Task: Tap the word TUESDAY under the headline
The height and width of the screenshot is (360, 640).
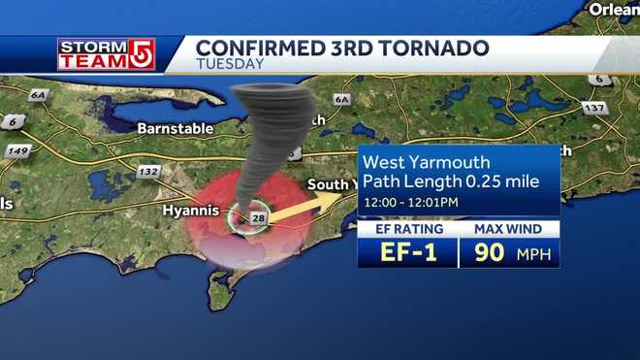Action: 230,64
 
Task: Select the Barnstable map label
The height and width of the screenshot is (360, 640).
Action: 168,127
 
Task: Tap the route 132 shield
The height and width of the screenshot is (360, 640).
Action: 148,172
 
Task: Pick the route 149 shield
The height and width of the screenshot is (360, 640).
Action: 17,151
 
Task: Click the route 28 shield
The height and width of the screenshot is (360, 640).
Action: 259,219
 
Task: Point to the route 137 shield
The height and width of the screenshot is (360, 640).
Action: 594,108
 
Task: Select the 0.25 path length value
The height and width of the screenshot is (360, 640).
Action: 481,180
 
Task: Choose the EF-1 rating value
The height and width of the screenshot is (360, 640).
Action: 407,252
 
